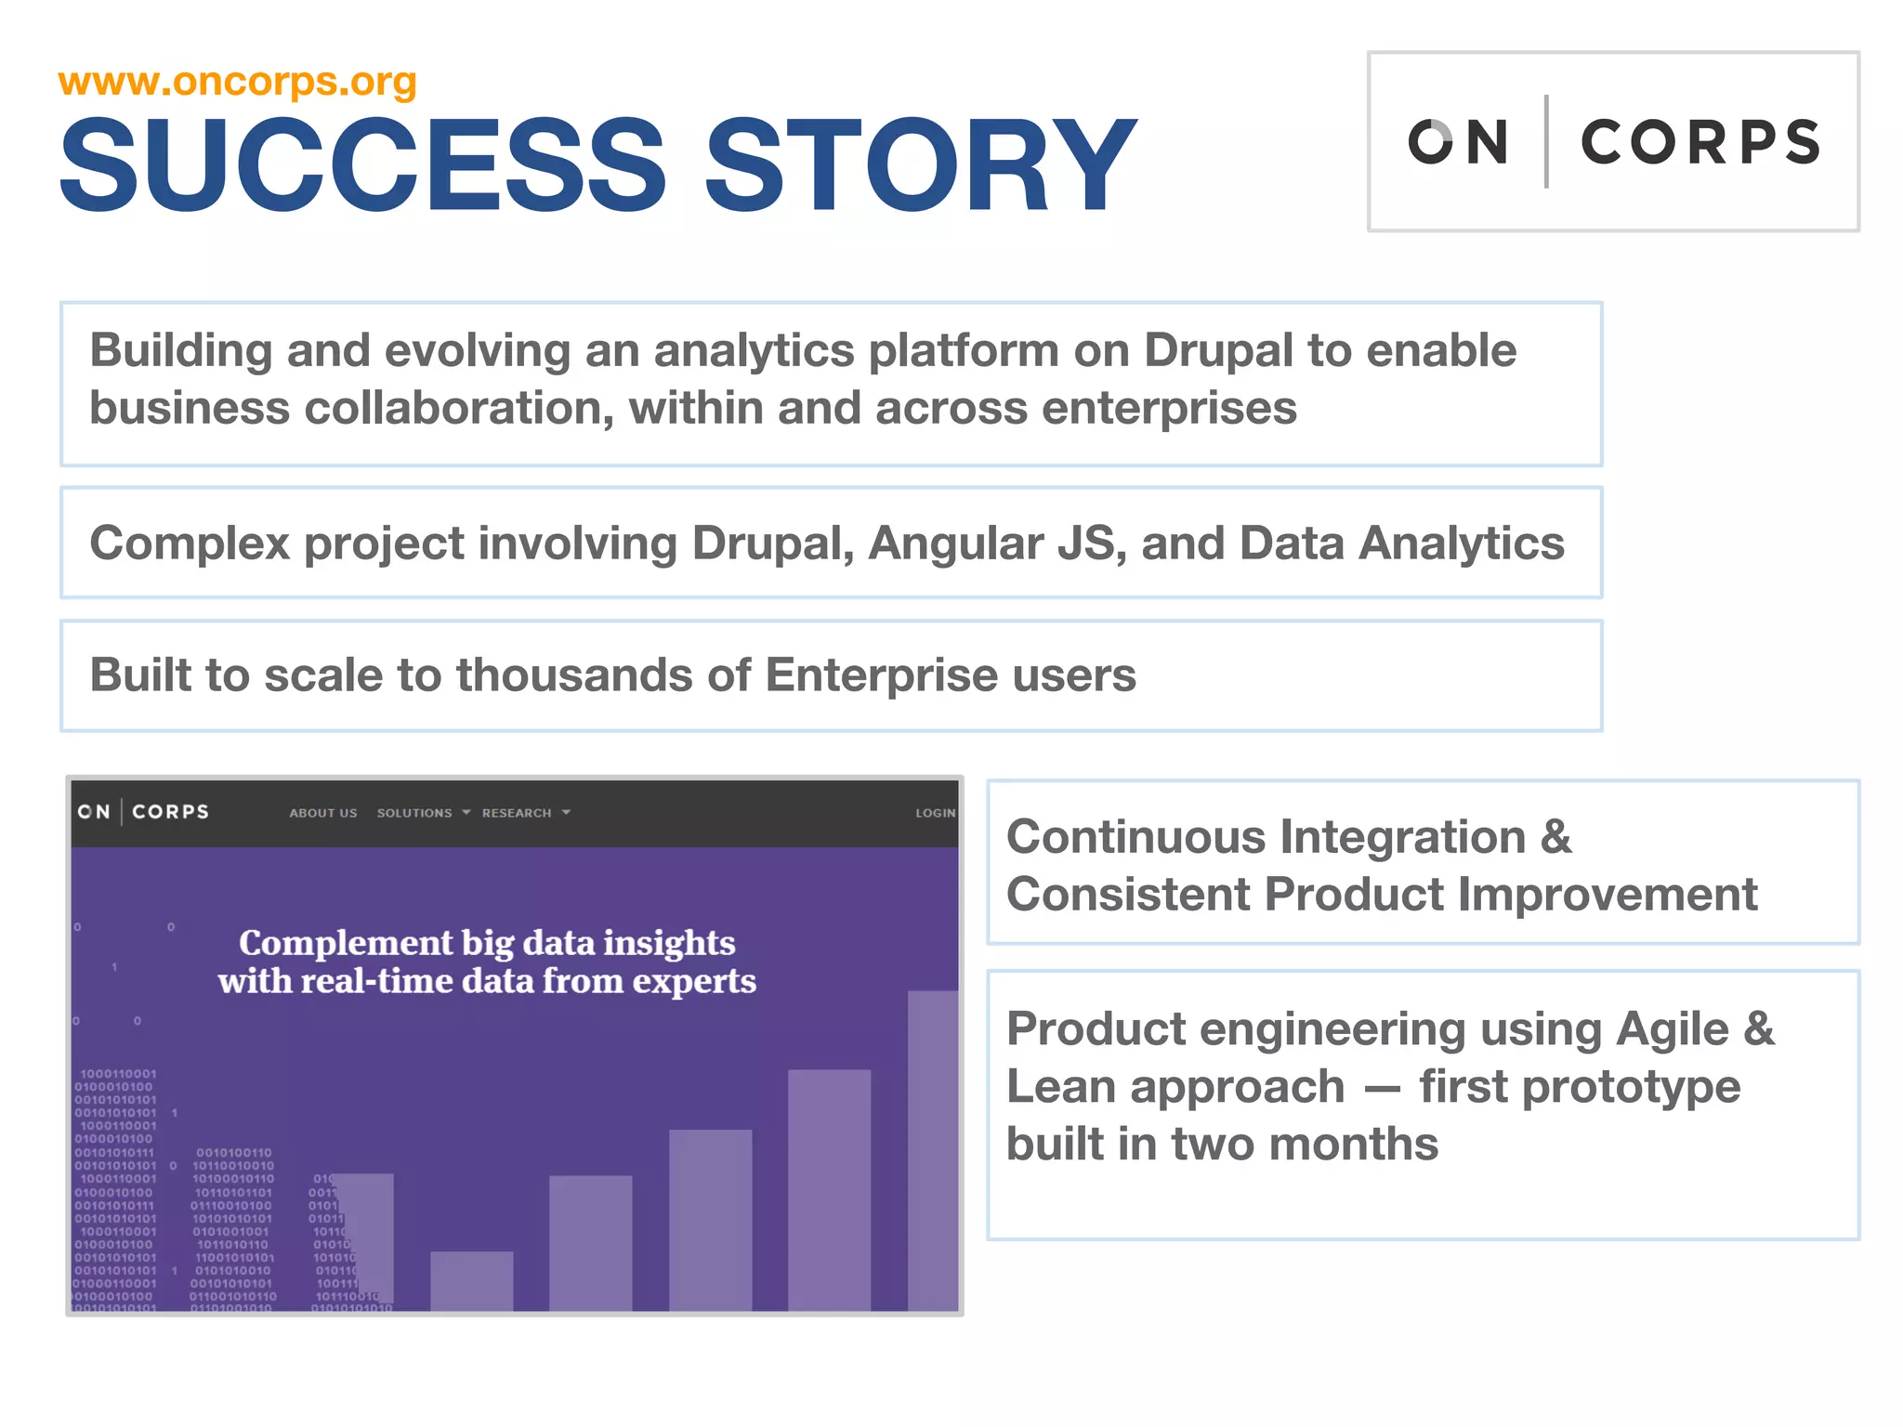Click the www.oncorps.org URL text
point(237,82)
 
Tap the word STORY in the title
point(920,165)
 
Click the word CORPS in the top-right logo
point(1700,142)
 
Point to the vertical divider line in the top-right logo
point(1546,141)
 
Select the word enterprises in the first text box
point(1169,409)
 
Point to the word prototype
point(1580,1087)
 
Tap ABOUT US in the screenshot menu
point(322,813)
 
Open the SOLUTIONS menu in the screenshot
point(414,813)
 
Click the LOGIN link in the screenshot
point(935,813)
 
